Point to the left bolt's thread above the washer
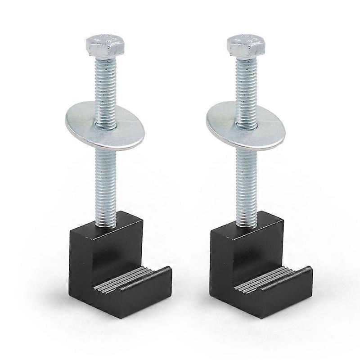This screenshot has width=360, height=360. click(106, 85)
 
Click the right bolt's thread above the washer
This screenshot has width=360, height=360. click(247, 85)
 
